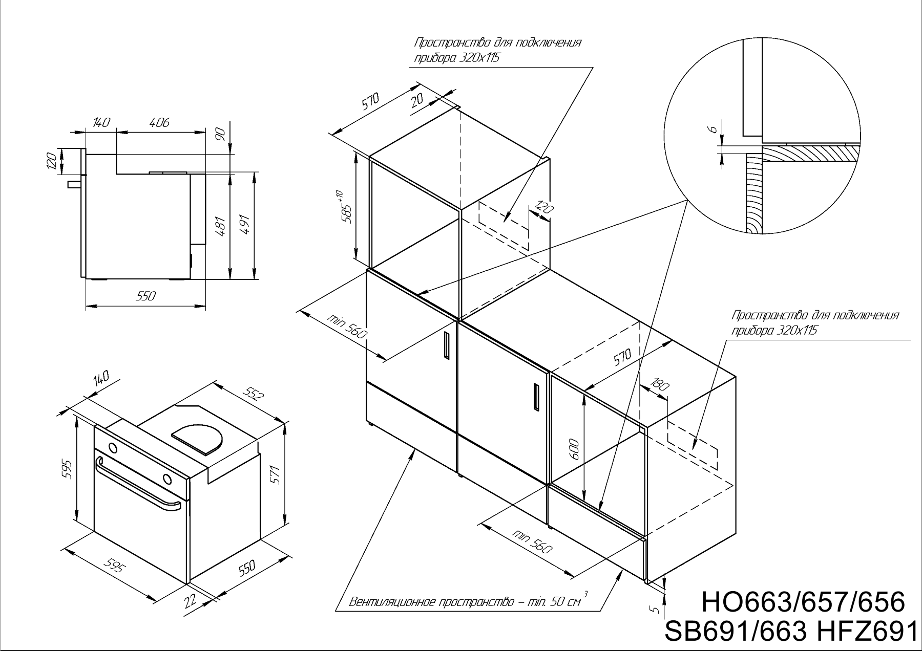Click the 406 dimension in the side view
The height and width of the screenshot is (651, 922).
click(159, 123)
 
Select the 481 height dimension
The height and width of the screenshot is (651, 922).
click(222, 225)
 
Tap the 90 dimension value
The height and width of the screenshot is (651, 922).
click(221, 135)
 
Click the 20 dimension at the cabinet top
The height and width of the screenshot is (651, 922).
click(417, 99)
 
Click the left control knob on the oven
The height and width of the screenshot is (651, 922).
click(113, 448)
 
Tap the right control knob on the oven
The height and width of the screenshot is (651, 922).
click(167, 479)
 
